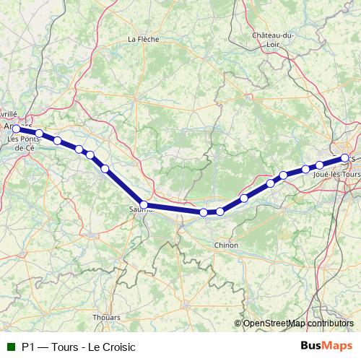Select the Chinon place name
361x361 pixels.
point(226,245)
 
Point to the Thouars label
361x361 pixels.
point(106,316)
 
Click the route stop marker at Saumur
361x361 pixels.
point(144,205)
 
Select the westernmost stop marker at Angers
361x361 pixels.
point(16,129)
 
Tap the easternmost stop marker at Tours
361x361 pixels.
point(345,157)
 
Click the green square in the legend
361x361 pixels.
point(9,347)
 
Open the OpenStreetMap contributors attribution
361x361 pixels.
point(297,323)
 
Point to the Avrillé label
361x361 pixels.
point(8,115)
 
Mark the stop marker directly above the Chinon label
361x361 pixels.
point(220,212)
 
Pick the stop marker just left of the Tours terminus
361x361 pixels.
point(319,165)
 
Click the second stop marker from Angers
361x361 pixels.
point(40,134)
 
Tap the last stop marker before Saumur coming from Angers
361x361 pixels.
point(105,169)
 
